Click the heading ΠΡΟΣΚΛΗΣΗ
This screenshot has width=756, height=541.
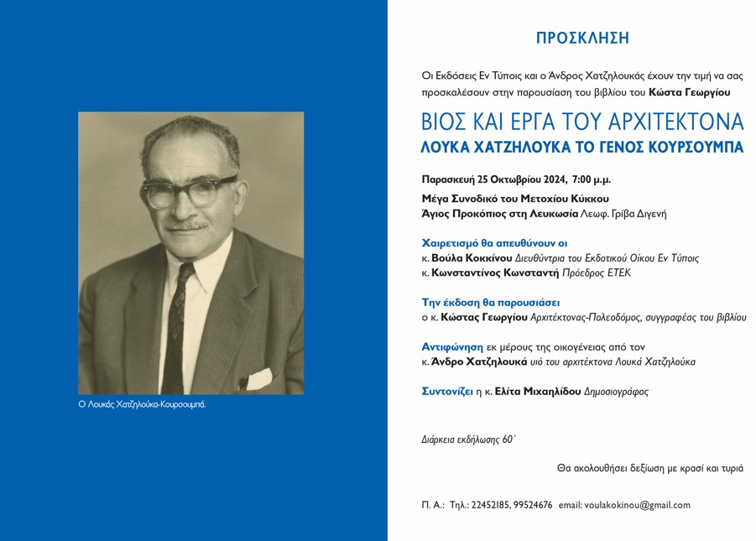click(x=582, y=38)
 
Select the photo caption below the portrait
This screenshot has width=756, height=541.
click(x=142, y=404)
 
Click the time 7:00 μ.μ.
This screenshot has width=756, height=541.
click(x=591, y=179)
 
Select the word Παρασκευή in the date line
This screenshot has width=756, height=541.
click(x=447, y=179)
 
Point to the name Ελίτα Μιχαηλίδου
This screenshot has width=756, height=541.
click(x=526, y=391)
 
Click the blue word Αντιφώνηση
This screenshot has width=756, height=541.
click(x=451, y=346)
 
